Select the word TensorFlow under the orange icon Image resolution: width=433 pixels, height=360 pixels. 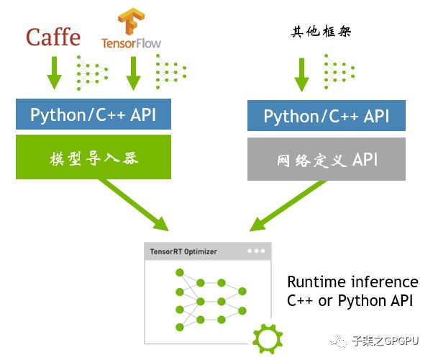click(x=131, y=43)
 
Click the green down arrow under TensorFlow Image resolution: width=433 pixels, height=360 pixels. click(x=132, y=73)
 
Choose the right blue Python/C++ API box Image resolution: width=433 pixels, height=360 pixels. click(x=327, y=117)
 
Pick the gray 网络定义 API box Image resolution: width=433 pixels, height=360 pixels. click(x=327, y=158)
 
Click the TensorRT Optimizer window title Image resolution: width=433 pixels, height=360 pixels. click(x=183, y=252)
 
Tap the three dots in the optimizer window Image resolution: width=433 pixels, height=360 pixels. click(x=255, y=251)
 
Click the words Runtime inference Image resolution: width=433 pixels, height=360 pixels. click(x=352, y=282)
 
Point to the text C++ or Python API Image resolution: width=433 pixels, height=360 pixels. click(x=350, y=300)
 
